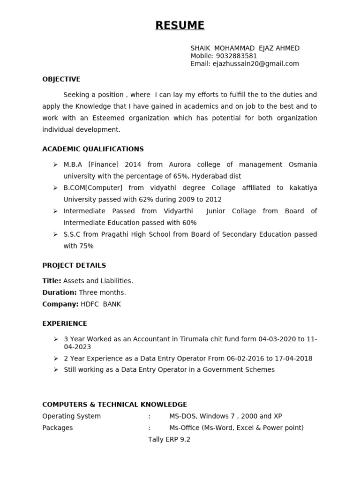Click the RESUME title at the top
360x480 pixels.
pos(180,25)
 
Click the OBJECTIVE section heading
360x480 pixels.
pos(61,79)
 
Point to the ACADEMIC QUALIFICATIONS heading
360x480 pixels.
pos(93,149)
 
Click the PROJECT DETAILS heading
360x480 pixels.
pos(74,265)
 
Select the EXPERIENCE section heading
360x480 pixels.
pos(65,323)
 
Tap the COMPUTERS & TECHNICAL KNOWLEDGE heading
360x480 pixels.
pos(114,405)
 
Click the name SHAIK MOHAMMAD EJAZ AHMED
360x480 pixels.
pos(245,48)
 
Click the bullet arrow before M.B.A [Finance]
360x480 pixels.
pos(55,165)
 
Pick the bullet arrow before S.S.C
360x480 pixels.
pos(55,234)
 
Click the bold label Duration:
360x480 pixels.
pos(60,292)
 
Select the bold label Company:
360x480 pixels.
pos(60,304)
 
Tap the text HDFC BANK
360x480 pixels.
pos(101,304)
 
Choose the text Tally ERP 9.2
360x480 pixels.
pos(169,440)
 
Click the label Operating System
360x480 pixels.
pos(71,416)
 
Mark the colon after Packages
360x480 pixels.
pos(149,428)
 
